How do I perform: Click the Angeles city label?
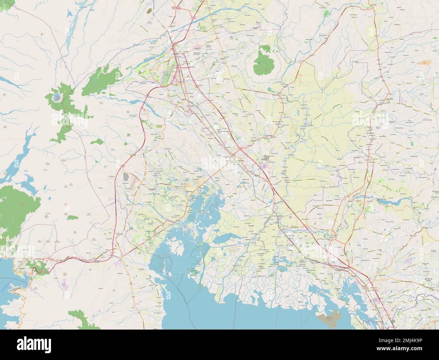[184, 99]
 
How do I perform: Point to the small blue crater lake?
[56, 99]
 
